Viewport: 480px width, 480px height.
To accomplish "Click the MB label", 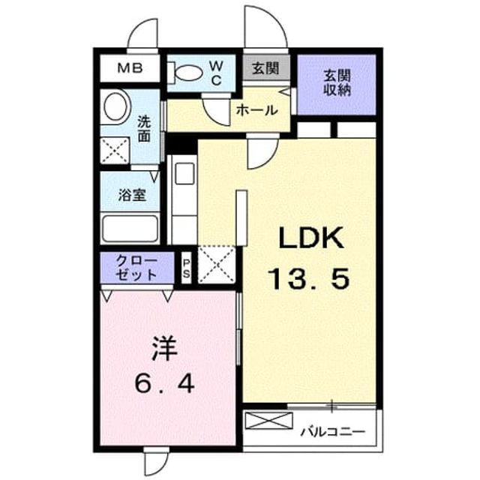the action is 130,68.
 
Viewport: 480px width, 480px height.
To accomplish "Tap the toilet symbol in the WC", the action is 186,73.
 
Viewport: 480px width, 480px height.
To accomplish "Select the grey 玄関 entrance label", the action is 265,68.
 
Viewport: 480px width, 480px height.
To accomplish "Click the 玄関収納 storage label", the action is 337,83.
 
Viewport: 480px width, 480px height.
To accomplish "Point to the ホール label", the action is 256,110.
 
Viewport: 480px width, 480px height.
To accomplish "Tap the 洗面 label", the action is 144,129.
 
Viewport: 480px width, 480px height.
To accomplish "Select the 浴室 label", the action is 132,195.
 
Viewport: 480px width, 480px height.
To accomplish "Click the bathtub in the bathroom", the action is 130,228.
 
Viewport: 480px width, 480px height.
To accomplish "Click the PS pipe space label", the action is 186,268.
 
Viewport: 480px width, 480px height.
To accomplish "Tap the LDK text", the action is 310,238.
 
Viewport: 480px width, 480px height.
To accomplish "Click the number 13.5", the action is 308,279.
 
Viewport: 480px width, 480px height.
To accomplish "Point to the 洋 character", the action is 165,349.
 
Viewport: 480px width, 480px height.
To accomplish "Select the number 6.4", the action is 164,385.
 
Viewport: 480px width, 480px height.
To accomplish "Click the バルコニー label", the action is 333,432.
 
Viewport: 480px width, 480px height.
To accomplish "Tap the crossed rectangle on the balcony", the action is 269,421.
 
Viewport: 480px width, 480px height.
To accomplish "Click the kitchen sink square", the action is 185,173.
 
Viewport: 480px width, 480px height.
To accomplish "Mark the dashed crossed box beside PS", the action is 217,265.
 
